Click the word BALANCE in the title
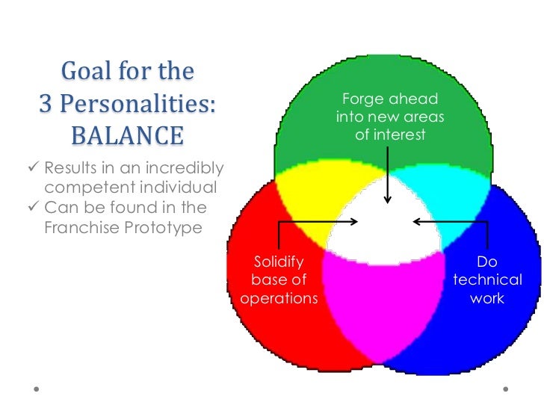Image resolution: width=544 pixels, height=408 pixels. click(126, 136)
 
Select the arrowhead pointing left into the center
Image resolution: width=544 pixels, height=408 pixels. click(416, 221)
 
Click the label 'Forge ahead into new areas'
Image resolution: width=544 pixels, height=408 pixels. click(390, 117)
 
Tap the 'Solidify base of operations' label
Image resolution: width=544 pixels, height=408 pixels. click(279, 280)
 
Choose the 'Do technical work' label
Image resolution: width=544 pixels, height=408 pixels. click(487, 280)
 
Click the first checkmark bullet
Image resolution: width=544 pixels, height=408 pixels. click(34, 167)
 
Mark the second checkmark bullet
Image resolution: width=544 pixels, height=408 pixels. click(34, 208)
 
